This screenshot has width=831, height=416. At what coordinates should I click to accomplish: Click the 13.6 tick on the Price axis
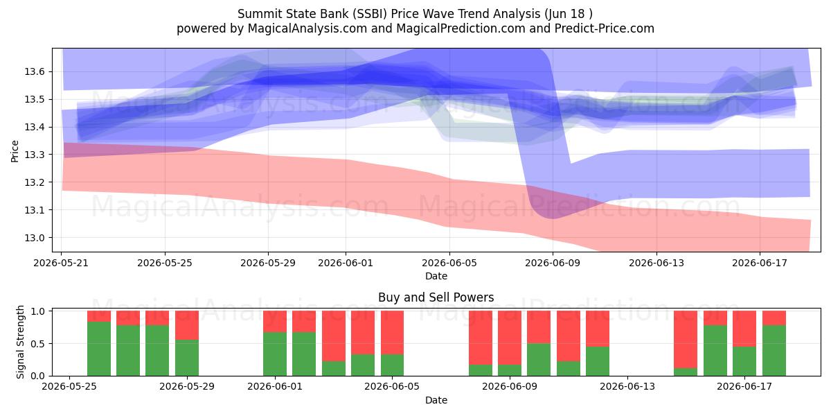[x=35, y=71]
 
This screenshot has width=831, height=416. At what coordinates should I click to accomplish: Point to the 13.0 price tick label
[x=35, y=238]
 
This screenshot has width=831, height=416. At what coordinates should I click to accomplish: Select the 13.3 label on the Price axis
[x=35, y=155]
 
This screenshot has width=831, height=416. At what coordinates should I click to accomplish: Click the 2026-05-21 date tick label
[x=61, y=263]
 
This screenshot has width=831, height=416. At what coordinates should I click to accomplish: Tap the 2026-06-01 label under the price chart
[x=346, y=263]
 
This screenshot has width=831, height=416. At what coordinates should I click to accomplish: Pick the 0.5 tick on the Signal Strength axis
[x=39, y=344]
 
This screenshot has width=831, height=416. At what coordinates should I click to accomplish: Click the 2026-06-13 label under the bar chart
[x=627, y=386]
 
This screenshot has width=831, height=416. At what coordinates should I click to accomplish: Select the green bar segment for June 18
[x=774, y=350]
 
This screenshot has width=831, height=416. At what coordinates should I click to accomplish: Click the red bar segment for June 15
[x=686, y=340]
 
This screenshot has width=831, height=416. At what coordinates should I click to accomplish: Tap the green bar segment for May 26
[x=98, y=349]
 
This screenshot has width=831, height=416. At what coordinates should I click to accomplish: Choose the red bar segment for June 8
[x=481, y=338]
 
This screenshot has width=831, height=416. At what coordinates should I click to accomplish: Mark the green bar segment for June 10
[x=539, y=360]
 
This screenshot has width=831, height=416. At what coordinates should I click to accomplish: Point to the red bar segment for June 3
[x=334, y=336]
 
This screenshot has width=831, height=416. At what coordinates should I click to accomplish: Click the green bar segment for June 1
[x=275, y=354]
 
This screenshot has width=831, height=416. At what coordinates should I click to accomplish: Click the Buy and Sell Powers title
[x=436, y=297]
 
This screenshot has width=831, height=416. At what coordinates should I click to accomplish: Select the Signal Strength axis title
[x=20, y=342]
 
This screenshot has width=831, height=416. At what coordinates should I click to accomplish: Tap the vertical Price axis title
[x=15, y=151]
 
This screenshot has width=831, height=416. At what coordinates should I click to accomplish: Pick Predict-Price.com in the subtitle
[x=605, y=28]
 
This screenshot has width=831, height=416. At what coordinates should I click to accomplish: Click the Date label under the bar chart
[x=436, y=400]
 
